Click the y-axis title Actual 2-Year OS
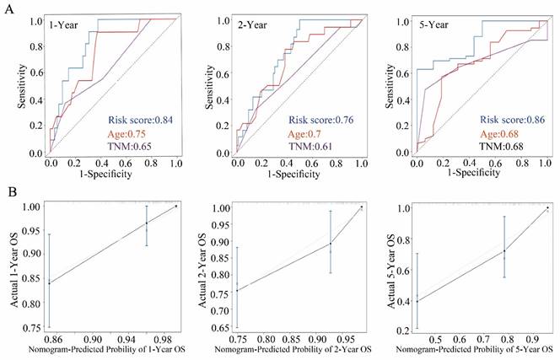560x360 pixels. [x=199, y=267]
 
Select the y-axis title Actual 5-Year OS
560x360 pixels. [x=385, y=267]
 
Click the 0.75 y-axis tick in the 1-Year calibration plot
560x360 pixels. [x=30, y=328]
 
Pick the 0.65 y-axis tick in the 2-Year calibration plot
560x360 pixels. [x=218, y=328]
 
